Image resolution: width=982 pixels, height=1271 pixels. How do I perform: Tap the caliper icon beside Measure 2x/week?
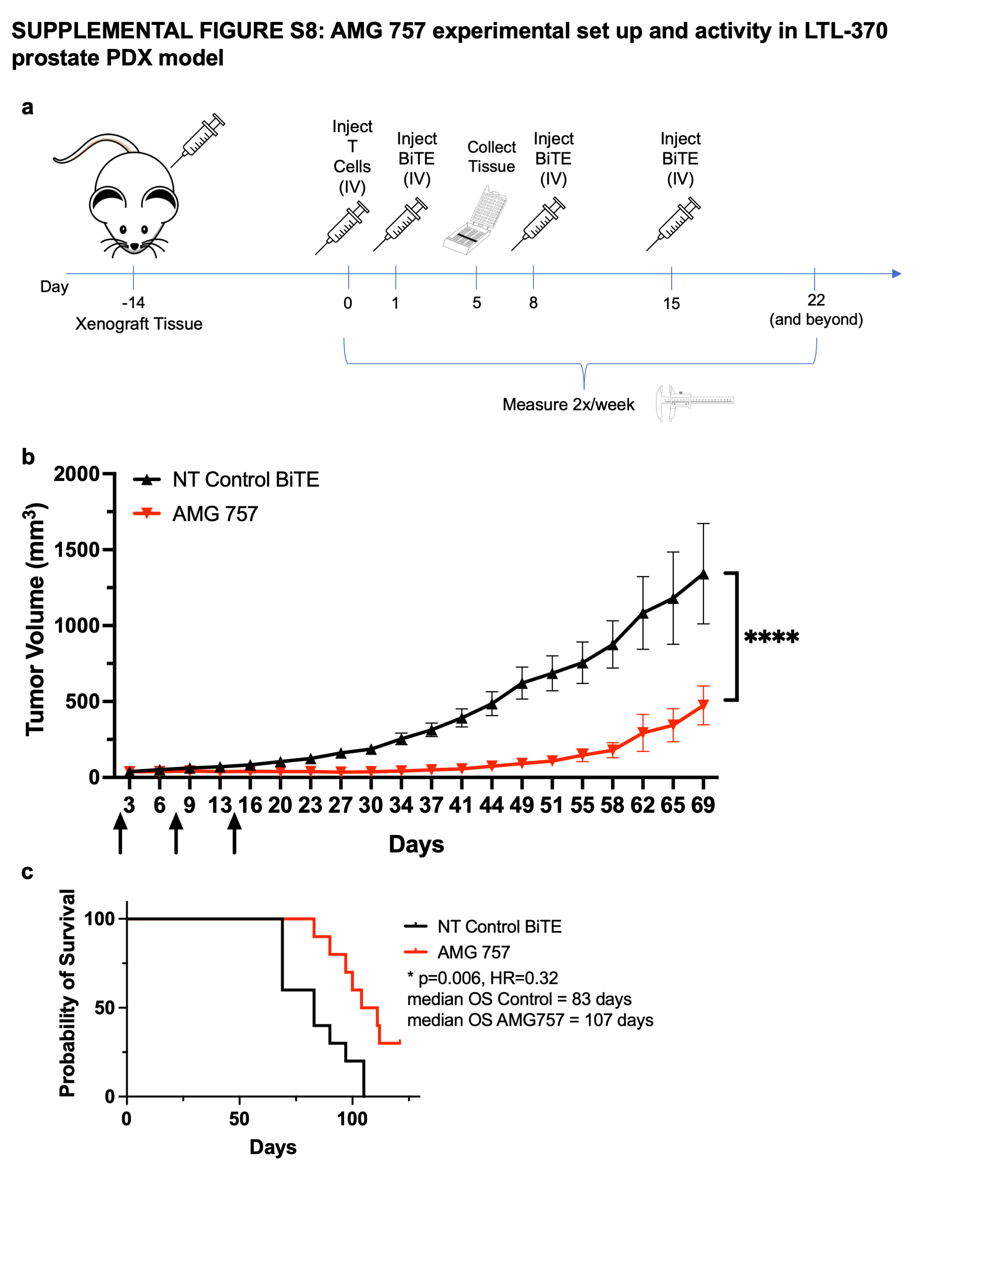(x=694, y=402)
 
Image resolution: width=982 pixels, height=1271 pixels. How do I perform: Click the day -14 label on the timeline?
(x=133, y=302)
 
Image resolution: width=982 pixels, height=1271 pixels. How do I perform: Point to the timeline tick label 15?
(x=671, y=303)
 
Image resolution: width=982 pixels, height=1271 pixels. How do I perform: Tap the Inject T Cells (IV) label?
(x=352, y=157)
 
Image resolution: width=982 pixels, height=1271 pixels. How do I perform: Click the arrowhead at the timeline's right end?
(x=896, y=274)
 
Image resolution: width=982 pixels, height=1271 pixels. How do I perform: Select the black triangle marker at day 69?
(x=704, y=574)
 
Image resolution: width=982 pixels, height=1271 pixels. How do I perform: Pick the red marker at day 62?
(x=643, y=733)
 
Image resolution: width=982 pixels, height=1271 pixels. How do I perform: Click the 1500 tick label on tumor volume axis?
(x=77, y=550)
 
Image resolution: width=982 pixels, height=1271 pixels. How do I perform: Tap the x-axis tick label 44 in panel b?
(x=491, y=805)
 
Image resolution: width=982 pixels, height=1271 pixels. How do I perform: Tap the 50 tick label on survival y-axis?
(x=105, y=1007)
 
